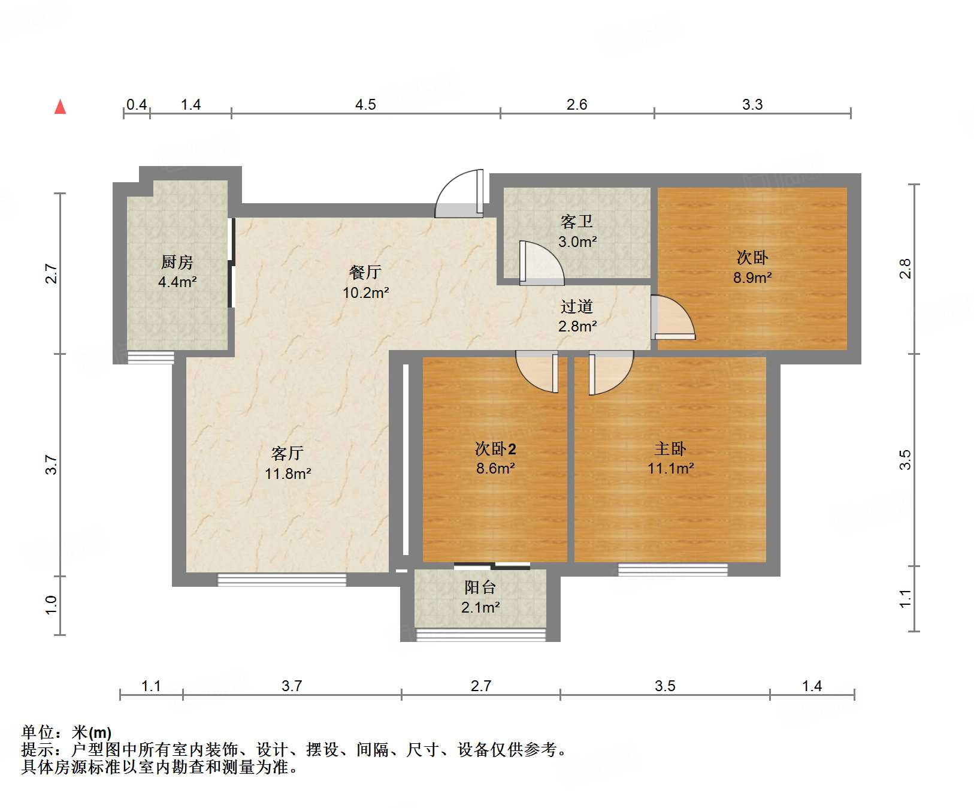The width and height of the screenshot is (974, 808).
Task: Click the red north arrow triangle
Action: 60,107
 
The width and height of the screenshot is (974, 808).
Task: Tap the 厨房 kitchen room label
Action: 177,262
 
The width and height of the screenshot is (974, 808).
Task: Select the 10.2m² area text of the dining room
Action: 365,293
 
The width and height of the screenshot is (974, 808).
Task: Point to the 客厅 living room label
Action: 288,453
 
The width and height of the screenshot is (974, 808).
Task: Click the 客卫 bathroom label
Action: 577,222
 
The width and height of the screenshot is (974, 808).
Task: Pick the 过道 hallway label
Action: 577,306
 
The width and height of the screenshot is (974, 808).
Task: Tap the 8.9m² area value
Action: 752,278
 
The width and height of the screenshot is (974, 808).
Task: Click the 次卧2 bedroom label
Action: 495,448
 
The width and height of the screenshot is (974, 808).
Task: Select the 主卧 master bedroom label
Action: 670,448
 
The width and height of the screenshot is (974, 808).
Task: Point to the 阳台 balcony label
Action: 480,587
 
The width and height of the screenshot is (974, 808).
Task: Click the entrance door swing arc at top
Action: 458,193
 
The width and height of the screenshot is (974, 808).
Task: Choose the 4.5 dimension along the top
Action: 365,105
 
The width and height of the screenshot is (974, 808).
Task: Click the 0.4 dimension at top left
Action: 137,105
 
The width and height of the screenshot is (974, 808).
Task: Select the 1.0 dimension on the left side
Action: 52,605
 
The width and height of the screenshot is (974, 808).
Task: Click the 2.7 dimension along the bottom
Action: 481,686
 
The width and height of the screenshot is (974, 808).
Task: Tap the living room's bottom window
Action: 282,580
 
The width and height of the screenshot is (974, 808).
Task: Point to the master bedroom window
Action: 673,569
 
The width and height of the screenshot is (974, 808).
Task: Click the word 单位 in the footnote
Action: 38,732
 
